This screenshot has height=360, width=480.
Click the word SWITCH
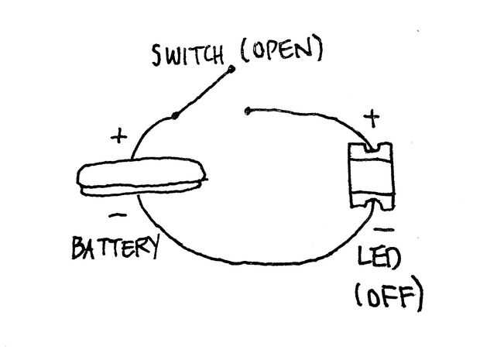(x=187, y=55)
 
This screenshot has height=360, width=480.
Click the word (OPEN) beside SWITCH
(x=282, y=50)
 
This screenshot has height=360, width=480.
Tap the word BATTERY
(x=115, y=247)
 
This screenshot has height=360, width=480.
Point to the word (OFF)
(x=389, y=294)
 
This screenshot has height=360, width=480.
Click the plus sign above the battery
(x=118, y=136)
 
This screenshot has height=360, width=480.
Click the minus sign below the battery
(x=118, y=215)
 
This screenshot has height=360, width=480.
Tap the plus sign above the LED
(x=372, y=118)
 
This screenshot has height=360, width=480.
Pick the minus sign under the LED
(x=384, y=229)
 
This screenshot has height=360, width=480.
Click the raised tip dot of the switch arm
(x=231, y=69)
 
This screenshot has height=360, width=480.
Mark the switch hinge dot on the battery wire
(x=175, y=115)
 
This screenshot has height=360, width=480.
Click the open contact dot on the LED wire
(x=247, y=111)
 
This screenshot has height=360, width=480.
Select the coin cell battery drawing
(x=142, y=177)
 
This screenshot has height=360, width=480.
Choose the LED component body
(x=372, y=177)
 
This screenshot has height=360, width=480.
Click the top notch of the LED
(x=373, y=148)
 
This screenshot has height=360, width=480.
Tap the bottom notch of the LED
(x=375, y=204)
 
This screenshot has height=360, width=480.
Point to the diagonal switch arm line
(x=203, y=92)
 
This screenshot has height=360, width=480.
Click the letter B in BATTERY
(x=79, y=248)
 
